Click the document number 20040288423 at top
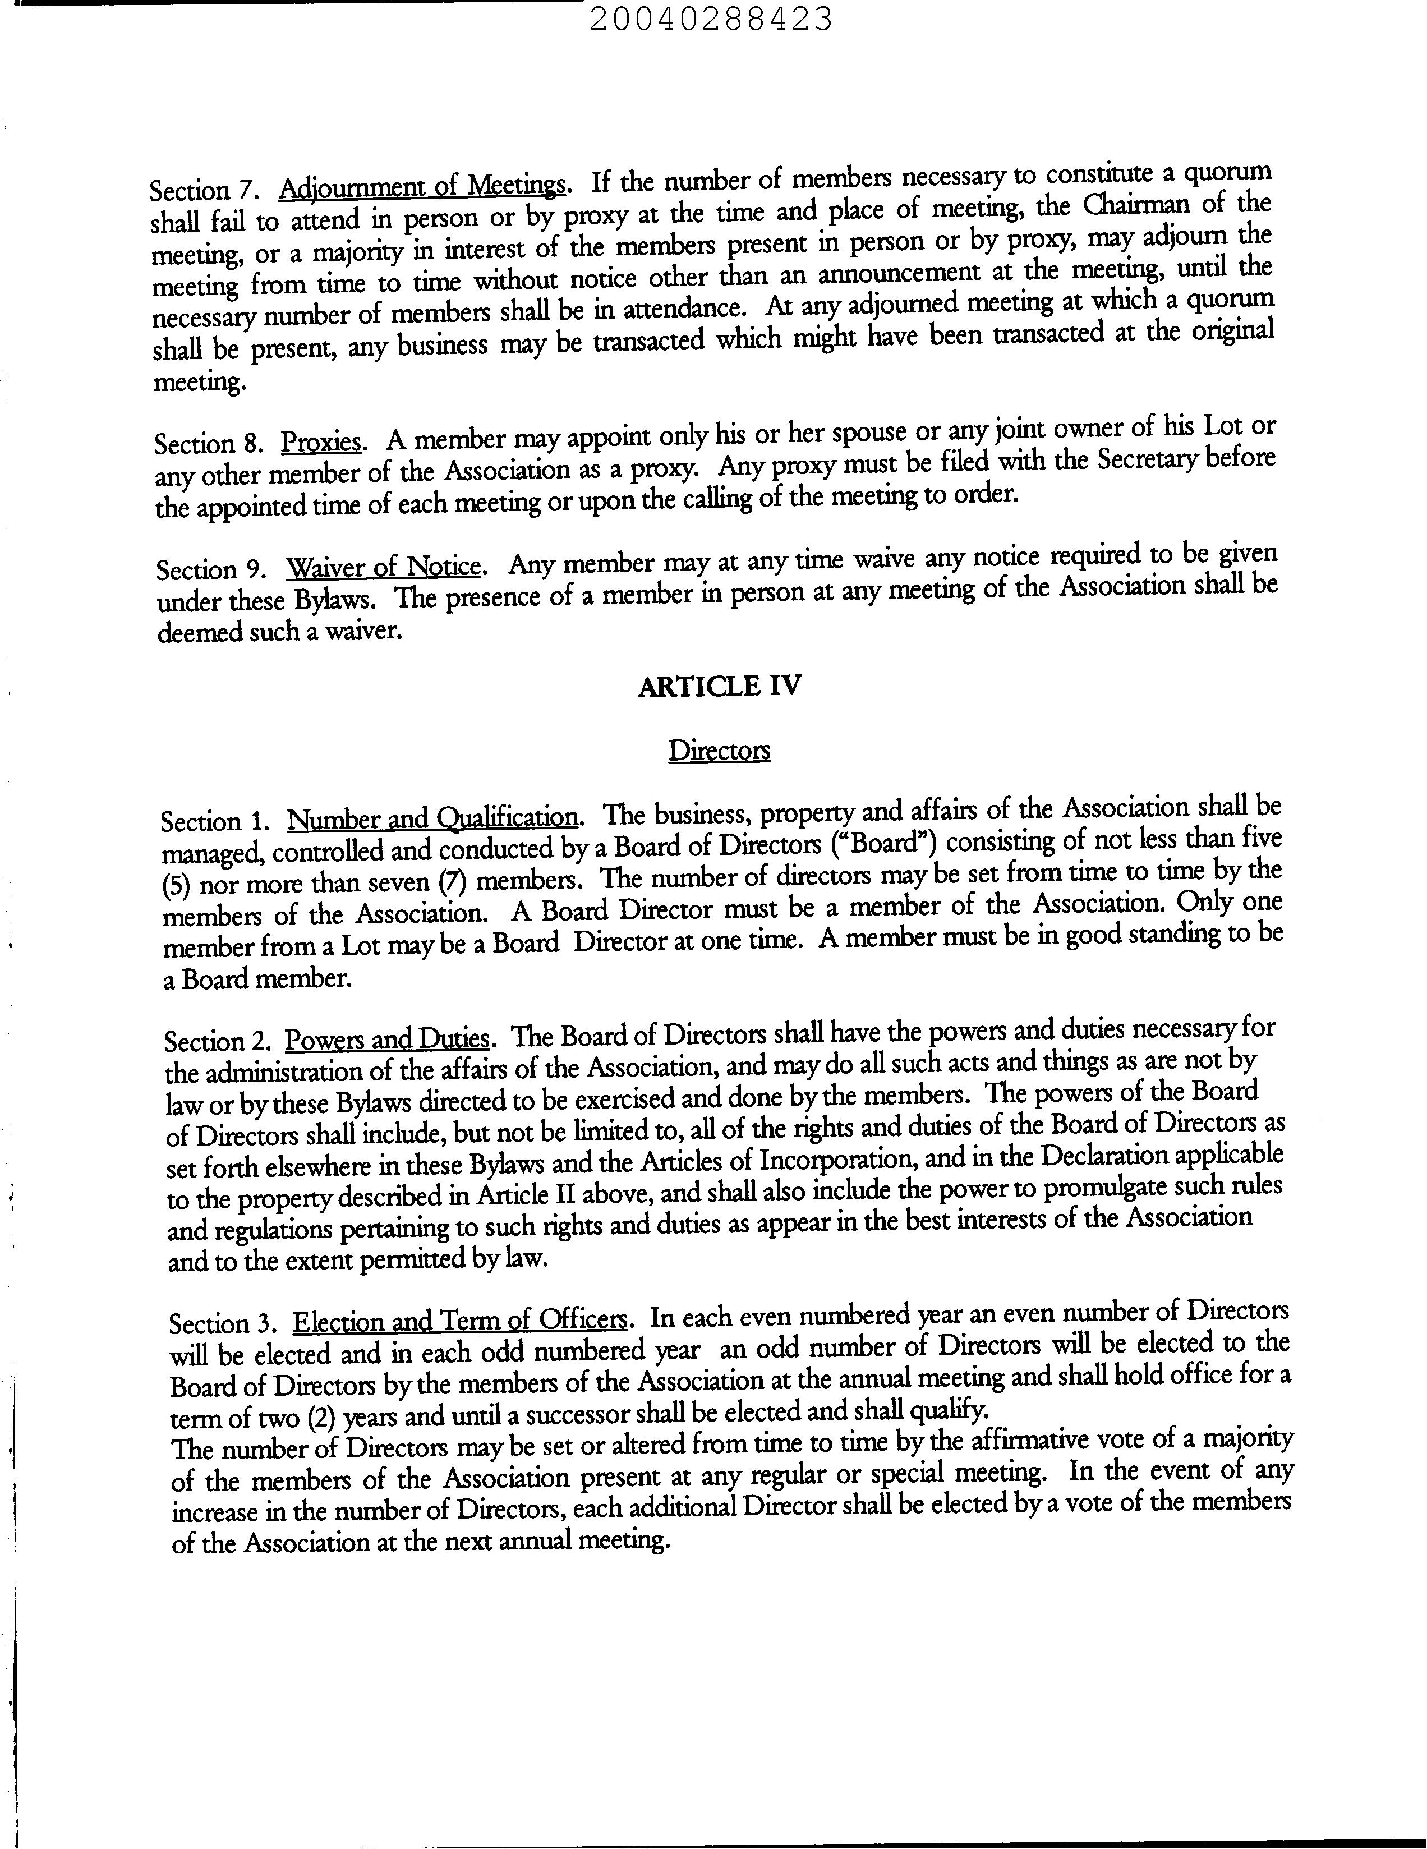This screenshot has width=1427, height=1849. tap(711, 19)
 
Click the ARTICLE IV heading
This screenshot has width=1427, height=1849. tap(719, 685)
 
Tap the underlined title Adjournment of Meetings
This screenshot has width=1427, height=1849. tap(421, 186)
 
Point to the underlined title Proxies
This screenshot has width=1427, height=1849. tap(321, 442)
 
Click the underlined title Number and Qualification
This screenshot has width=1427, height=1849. tap(434, 818)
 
